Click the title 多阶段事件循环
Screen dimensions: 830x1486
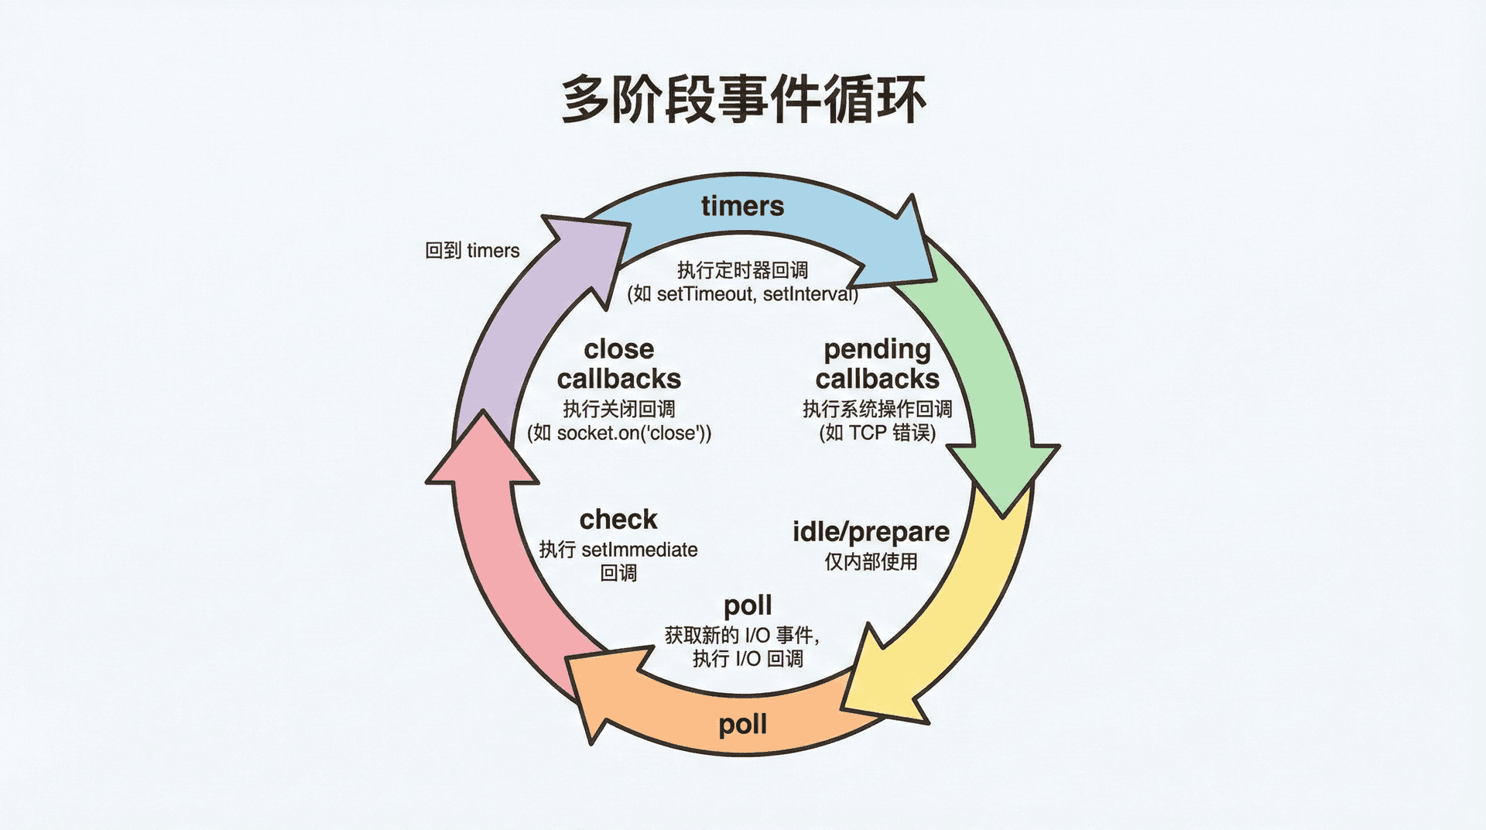tap(743, 99)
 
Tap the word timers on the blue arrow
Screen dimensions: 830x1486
tap(742, 206)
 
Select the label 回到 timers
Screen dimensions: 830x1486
tap(472, 251)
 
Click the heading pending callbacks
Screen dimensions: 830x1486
tap(877, 364)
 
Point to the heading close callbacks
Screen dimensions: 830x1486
tap(619, 364)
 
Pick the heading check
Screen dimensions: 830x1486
tap(618, 519)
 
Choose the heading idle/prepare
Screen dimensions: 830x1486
tap(871, 532)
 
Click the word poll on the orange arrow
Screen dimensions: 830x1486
tap(742, 725)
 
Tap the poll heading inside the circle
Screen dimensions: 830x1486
tap(748, 605)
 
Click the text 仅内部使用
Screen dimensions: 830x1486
tap(871, 561)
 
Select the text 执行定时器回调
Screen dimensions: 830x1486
tap(742, 270)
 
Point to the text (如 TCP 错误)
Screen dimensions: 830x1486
tap(877, 433)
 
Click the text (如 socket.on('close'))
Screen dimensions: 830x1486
tap(619, 433)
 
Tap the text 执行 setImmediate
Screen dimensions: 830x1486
tap(618, 550)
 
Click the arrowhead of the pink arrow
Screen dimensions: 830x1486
tap(482, 453)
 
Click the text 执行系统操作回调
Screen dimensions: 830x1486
tap(877, 409)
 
